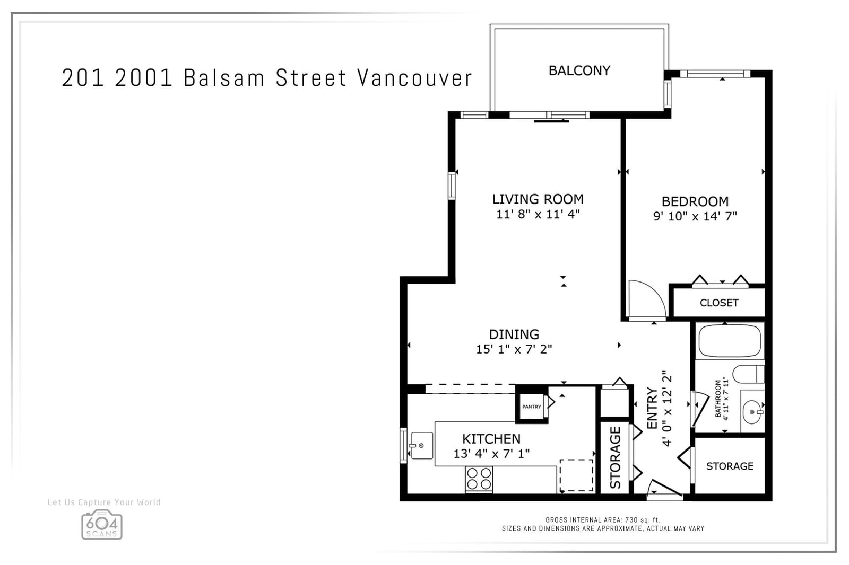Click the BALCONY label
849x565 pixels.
click(579, 70)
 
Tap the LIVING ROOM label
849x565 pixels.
click(538, 199)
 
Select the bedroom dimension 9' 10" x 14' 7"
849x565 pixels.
click(695, 216)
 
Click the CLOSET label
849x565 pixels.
click(719, 303)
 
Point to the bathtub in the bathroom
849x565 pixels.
click(730, 341)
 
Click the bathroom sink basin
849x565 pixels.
click(752, 412)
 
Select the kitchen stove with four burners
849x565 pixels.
click(479, 479)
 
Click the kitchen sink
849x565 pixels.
click(421, 446)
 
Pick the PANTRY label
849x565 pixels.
click(531, 407)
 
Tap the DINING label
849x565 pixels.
click(514, 334)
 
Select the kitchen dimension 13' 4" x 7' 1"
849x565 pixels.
click(491, 453)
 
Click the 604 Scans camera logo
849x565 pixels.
click(101, 525)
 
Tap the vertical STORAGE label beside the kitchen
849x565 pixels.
click(615, 457)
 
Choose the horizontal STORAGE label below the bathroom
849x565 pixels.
click(730, 466)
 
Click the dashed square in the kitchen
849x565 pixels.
click(576, 475)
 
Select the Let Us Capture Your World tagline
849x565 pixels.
click(104, 502)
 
